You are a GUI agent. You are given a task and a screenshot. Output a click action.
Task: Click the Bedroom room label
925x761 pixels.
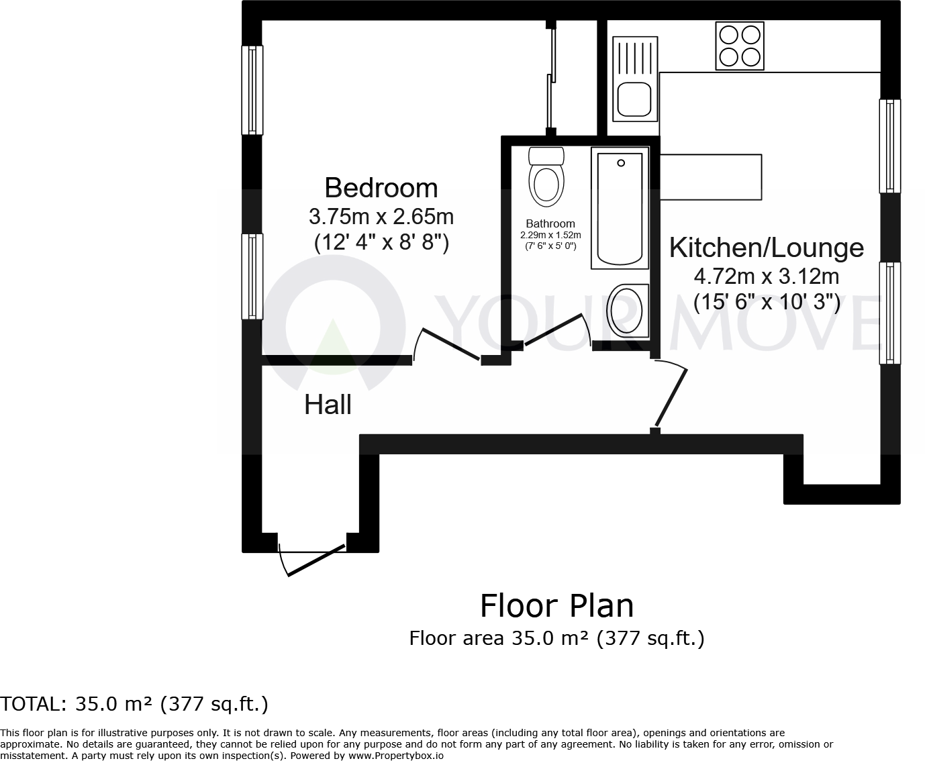(x=381, y=188)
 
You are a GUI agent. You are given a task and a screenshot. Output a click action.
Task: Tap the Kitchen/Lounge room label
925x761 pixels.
(x=766, y=248)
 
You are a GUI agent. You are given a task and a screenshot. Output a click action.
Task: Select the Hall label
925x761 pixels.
(x=328, y=405)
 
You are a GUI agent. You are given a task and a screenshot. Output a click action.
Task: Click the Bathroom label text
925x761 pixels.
(x=550, y=223)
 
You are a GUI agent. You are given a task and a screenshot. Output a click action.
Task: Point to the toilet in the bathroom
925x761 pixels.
(x=546, y=178)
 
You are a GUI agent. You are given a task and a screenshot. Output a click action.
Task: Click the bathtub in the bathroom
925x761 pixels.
(x=620, y=209)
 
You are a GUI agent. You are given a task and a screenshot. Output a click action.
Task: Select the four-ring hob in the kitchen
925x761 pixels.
(x=740, y=46)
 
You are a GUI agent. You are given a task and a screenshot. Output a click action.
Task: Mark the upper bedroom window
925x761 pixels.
(x=252, y=89)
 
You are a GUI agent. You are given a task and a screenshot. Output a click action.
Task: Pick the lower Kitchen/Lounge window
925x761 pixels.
(x=890, y=313)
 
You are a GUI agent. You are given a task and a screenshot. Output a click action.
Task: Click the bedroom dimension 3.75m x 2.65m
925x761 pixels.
(x=381, y=217)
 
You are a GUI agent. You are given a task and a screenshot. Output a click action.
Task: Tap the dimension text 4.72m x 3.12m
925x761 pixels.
(x=766, y=276)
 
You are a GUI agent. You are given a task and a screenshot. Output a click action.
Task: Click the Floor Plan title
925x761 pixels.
(x=556, y=606)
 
